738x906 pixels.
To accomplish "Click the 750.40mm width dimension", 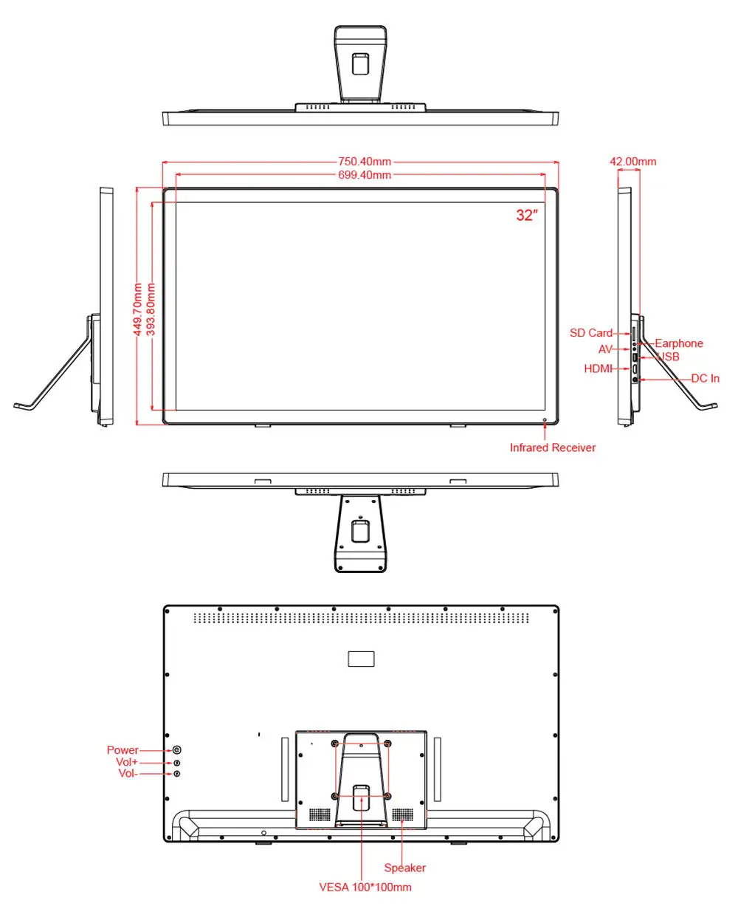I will click(365, 162).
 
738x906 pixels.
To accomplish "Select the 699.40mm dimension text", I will click(365, 175).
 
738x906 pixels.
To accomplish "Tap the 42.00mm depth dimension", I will click(632, 162).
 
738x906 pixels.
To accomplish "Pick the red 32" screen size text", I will click(527, 216).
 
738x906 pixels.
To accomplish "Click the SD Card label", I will click(591, 333).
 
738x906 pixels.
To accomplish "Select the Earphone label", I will click(679, 343).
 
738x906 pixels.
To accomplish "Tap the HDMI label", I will click(598, 368).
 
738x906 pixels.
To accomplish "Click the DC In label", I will click(705, 378).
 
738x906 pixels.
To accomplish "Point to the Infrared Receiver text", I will click(552, 447).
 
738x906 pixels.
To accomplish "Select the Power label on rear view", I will click(123, 750).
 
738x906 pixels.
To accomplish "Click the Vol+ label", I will click(127, 762).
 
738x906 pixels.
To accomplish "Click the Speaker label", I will click(404, 868).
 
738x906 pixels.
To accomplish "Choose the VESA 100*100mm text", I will click(365, 887).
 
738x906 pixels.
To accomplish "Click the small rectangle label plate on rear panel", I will click(361, 659).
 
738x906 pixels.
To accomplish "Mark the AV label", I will click(605, 349).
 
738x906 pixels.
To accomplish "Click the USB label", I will click(669, 357).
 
